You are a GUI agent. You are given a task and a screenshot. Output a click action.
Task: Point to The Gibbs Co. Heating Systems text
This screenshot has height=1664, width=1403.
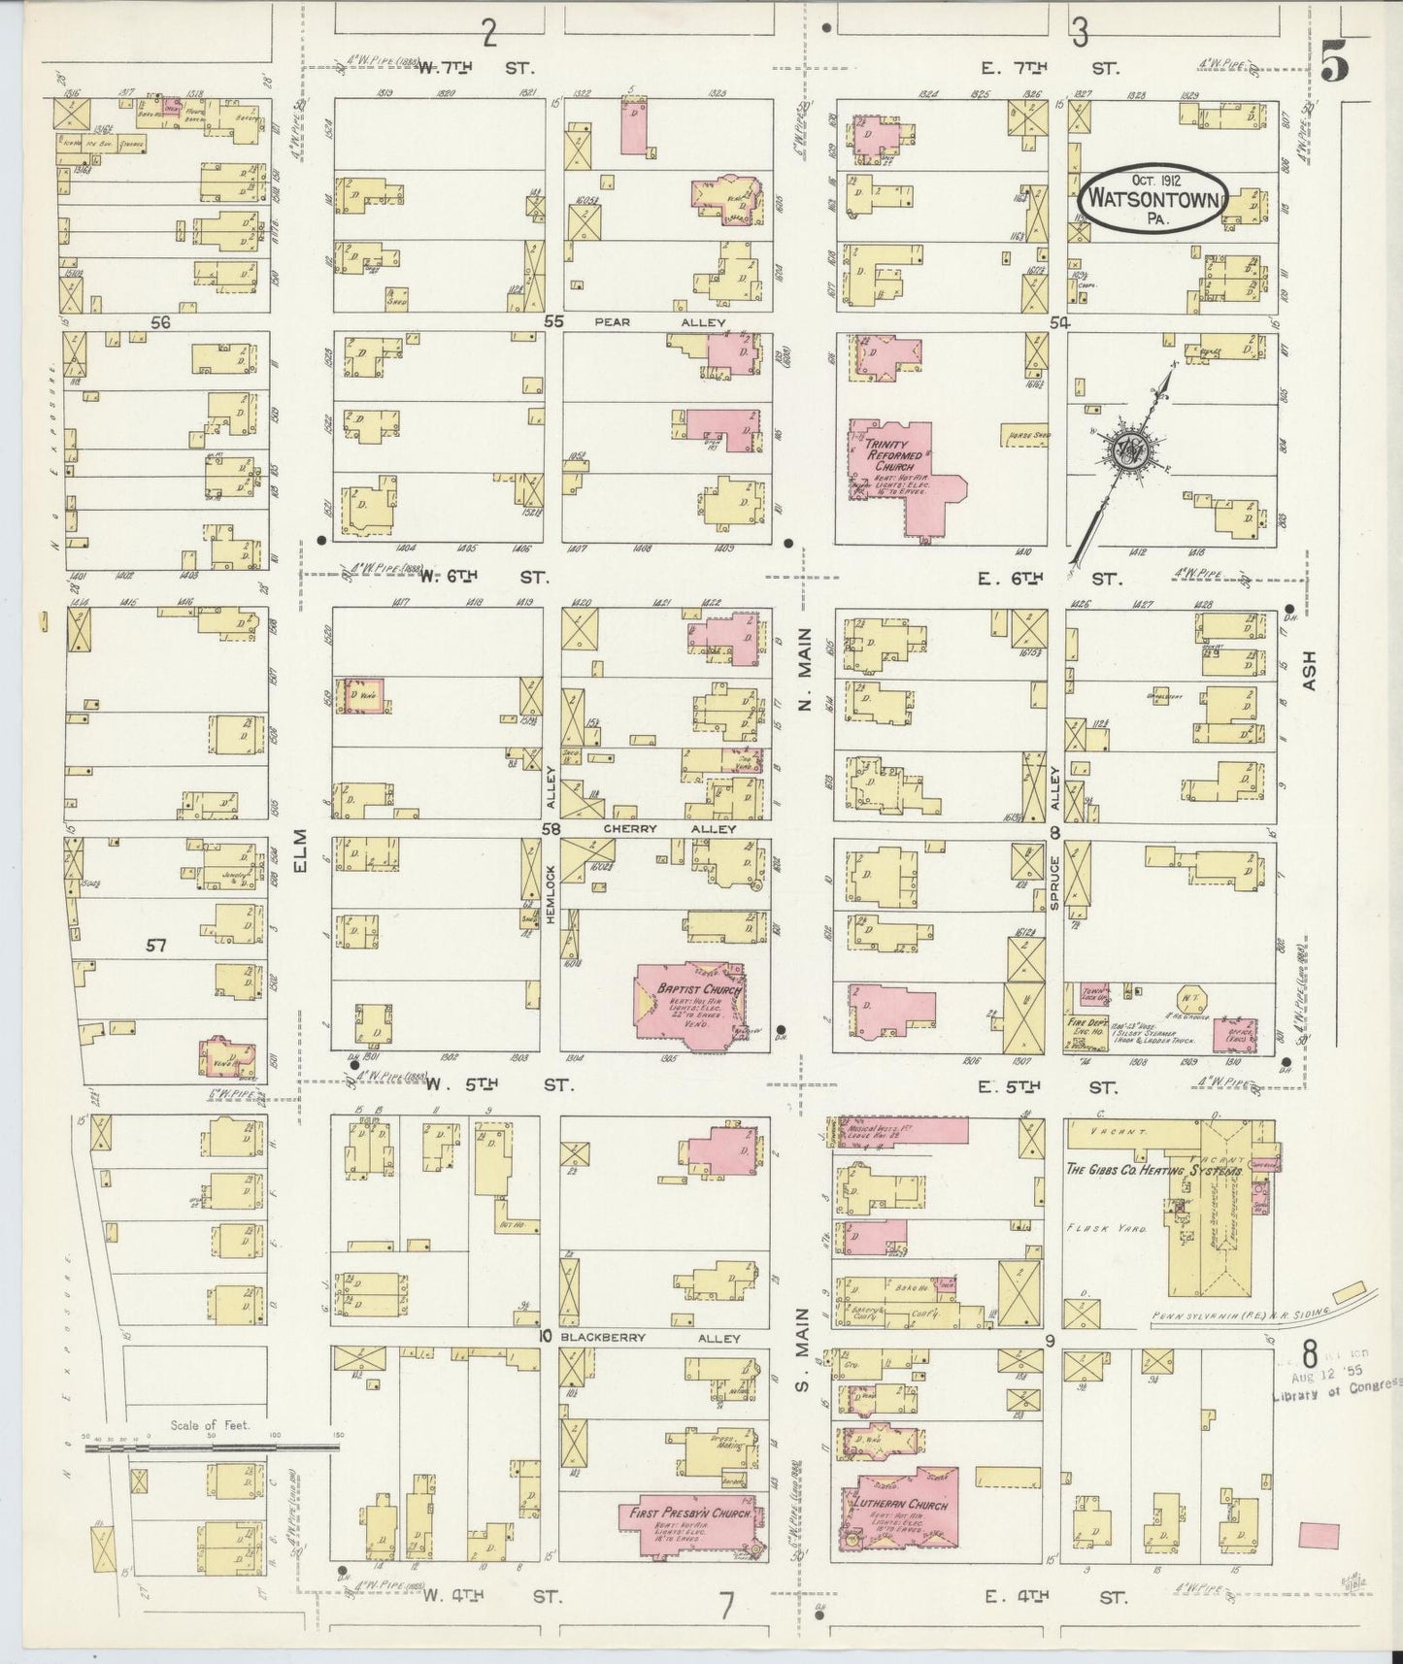pos(1153,1172)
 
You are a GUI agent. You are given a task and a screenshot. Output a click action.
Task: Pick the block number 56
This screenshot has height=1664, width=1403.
pos(161,323)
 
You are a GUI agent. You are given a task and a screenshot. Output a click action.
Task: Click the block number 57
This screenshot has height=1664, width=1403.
pos(156,946)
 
